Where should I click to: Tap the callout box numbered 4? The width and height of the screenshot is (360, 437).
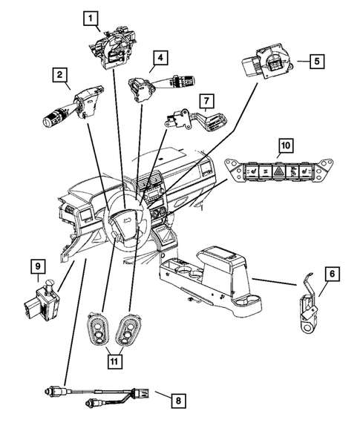[160, 56]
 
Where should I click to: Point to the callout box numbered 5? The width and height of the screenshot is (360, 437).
[316, 62]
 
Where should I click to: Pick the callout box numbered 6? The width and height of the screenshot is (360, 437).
[332, 274]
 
